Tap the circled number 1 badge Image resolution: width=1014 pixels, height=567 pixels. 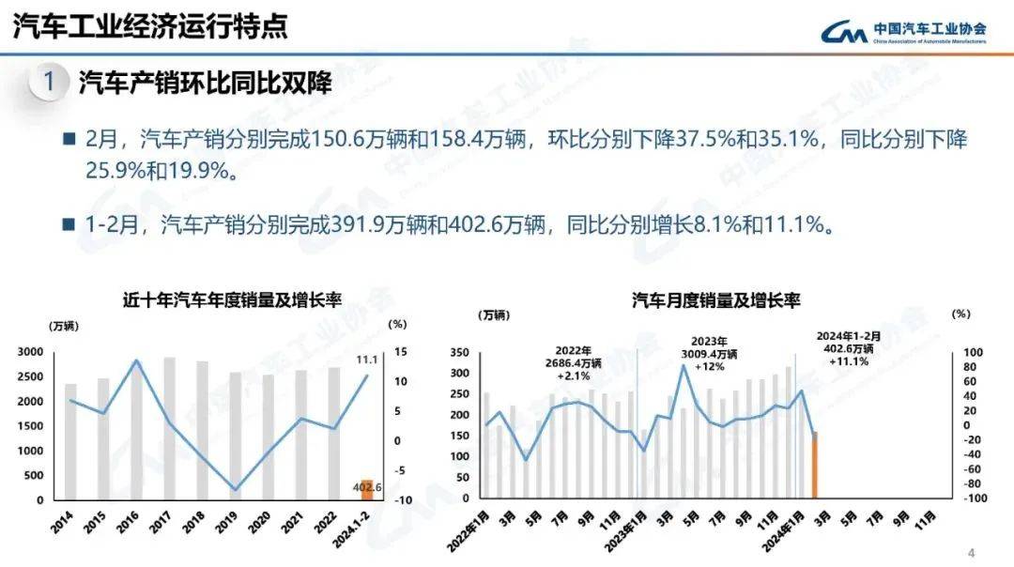click(48, 83)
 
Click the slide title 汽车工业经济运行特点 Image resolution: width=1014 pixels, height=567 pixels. click(150, 26)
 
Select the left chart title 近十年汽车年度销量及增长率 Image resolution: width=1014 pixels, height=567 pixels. click(232, 300)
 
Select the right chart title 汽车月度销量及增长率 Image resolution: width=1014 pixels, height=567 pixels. click(715, 300)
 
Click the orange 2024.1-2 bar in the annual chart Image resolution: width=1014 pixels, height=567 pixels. click(367, 489)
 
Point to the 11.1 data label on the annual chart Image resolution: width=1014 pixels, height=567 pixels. click(367, 360)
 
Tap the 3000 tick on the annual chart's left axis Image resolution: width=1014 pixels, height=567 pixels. click(31, 352)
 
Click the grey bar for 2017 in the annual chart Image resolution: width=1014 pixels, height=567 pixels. click(170, 428)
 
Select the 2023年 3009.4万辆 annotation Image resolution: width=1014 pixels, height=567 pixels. click(714, 355)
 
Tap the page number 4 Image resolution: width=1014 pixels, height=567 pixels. click(972, 552)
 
